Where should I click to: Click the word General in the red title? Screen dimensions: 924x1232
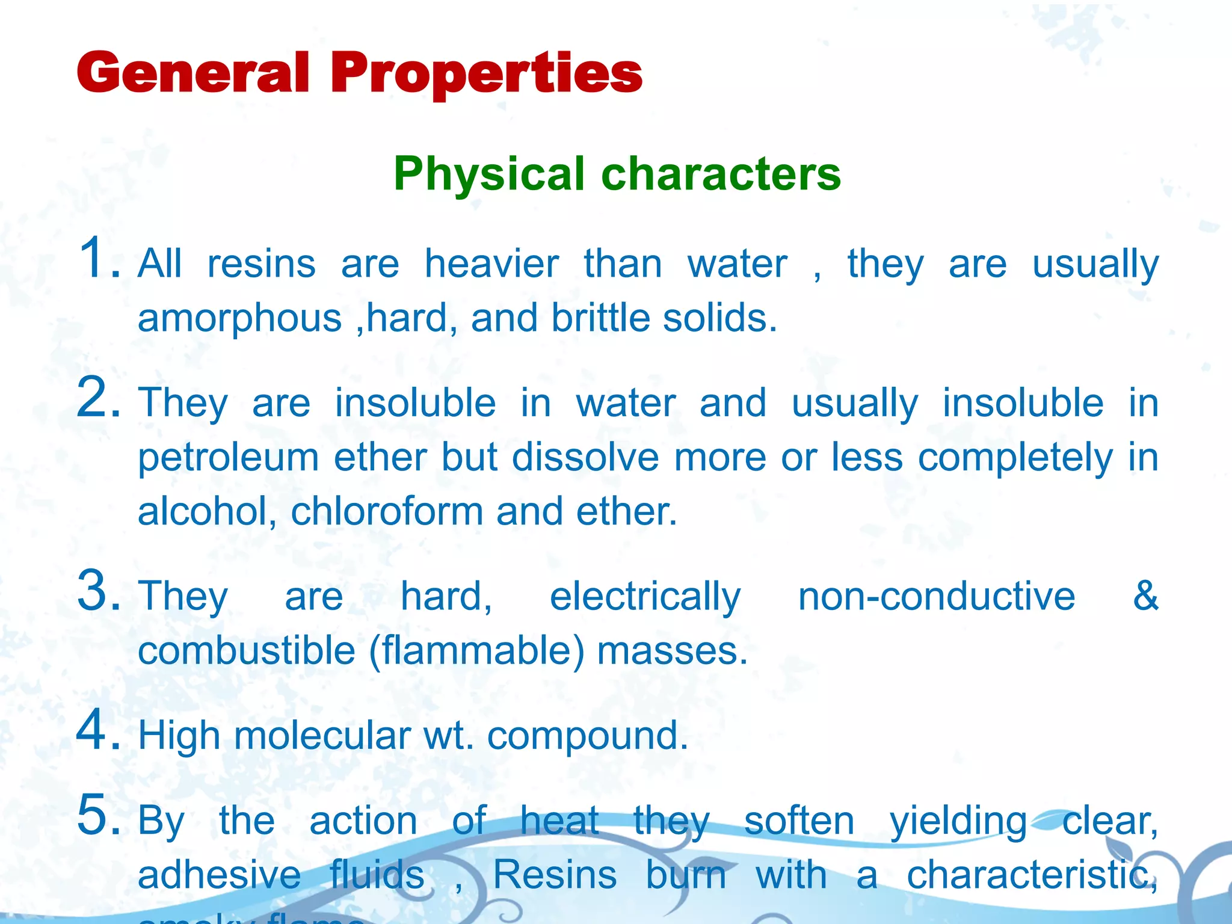click(193, 73)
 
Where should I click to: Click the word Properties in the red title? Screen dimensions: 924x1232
click(486, 74)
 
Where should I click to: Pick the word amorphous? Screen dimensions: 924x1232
click(239, 318)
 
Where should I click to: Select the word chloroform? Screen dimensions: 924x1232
click(387, 511)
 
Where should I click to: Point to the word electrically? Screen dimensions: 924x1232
click(645, 597)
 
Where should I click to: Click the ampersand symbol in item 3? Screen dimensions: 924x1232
click(1145, 596)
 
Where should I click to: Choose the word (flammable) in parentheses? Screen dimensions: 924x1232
click(476, 652)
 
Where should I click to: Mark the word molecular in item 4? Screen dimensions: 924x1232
click(322, 736)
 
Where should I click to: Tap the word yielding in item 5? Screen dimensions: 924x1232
click(958, 822)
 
